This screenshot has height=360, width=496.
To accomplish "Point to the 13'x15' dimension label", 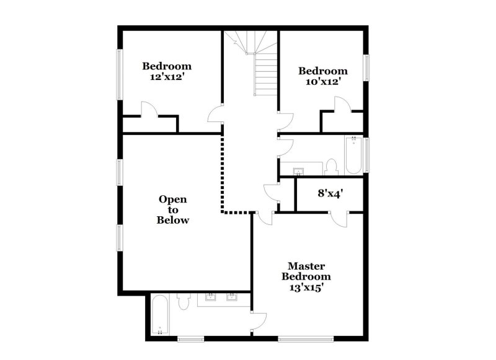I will tap(306, 288).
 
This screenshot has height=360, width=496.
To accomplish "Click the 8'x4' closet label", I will tap(330, 193).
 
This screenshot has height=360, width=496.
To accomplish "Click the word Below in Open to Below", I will tap(172, 220).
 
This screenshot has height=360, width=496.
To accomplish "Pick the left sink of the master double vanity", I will tap(210, 298).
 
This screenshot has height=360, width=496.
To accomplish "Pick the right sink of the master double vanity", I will tap(232, 298).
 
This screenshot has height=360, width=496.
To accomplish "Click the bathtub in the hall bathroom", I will tap(354, 155).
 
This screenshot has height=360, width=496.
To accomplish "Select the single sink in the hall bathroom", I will tap(298, 170).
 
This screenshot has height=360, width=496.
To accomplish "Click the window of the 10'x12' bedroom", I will tap(367, 68).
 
